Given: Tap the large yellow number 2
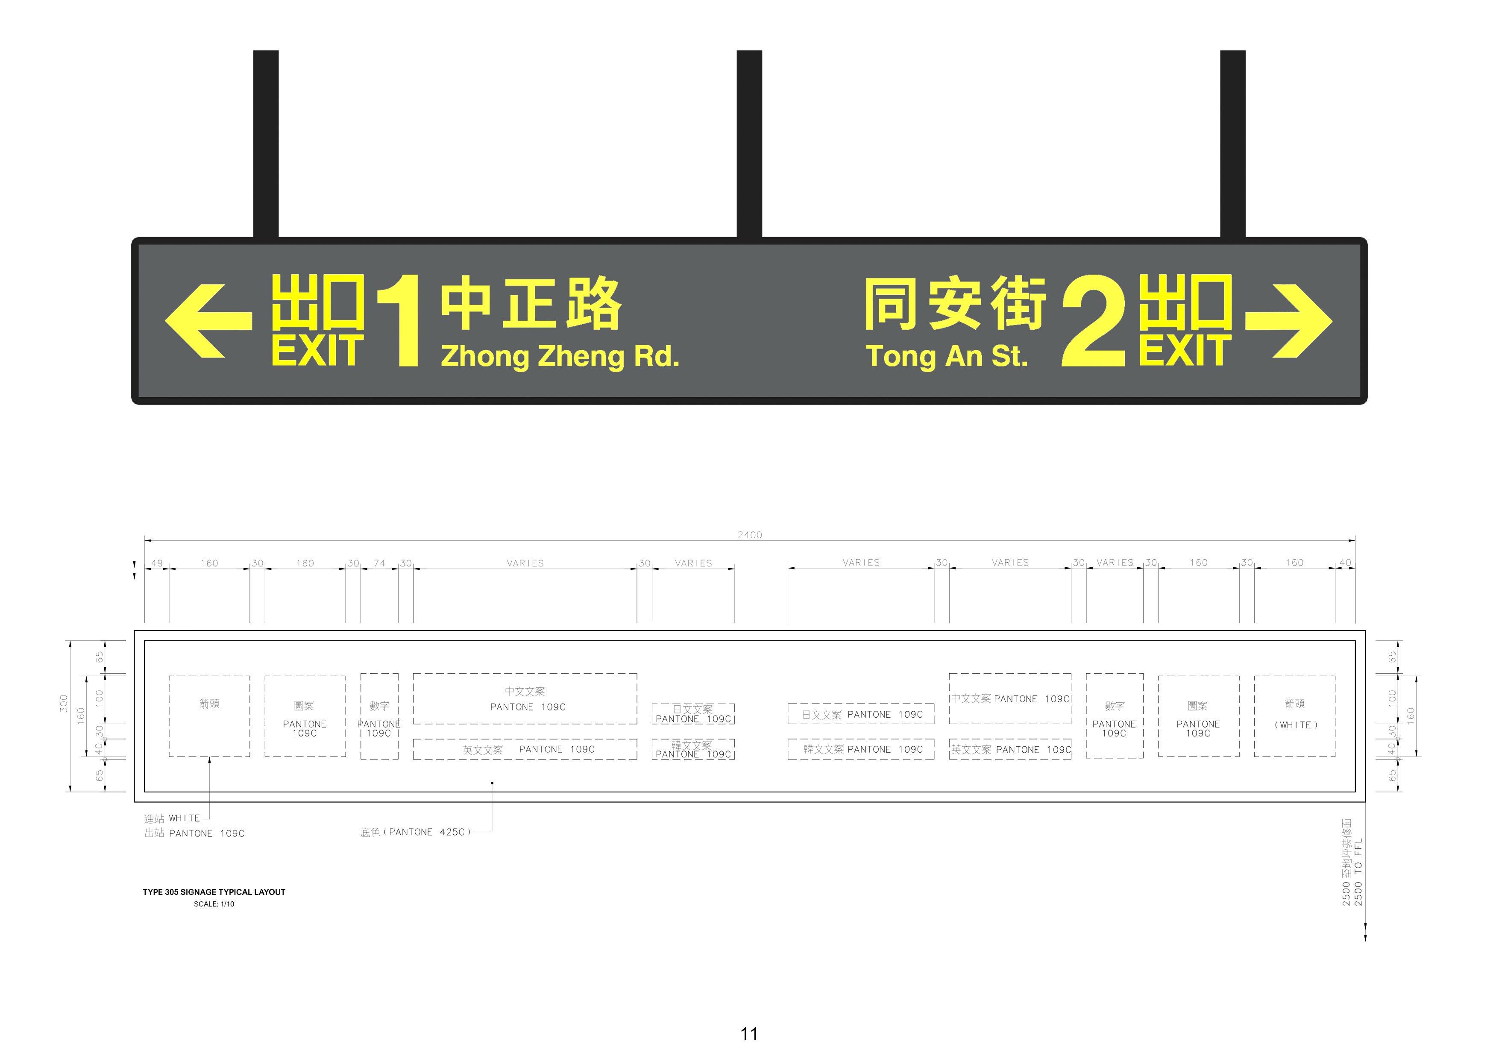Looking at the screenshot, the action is pos(1094,320).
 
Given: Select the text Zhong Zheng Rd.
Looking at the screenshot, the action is pos(560,356).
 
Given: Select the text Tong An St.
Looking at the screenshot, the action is pos(947,356).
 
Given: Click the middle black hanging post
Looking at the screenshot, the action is pos(749,144).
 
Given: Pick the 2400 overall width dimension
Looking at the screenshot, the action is pos(749,535).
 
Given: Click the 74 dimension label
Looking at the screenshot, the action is pos(379,563).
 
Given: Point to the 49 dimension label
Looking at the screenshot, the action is pos(157,563).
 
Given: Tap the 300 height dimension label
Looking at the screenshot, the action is pos(63,703).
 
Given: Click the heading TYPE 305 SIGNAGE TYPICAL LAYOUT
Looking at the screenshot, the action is pos(214,892).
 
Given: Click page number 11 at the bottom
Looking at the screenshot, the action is pos(749,1033).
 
